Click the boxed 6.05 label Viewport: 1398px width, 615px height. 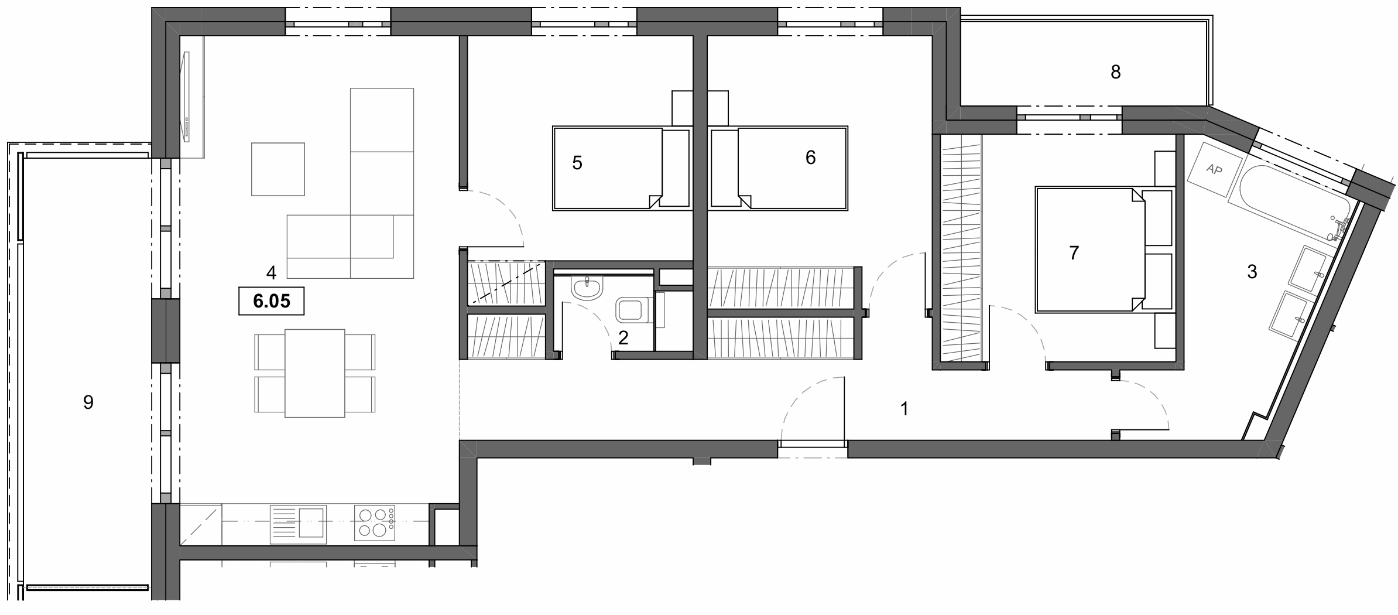271,301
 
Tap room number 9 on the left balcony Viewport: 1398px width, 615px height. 88,402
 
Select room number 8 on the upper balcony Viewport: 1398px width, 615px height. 1115,72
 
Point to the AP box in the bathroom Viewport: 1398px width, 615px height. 1214,170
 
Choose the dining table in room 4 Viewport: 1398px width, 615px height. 314,373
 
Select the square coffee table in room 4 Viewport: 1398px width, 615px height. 278,169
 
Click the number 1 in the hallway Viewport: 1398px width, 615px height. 904,409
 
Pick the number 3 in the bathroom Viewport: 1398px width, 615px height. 1252,272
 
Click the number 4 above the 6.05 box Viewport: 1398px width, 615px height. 270,272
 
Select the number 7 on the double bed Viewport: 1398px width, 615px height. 1074,253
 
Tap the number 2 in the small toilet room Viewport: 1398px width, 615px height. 623,337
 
